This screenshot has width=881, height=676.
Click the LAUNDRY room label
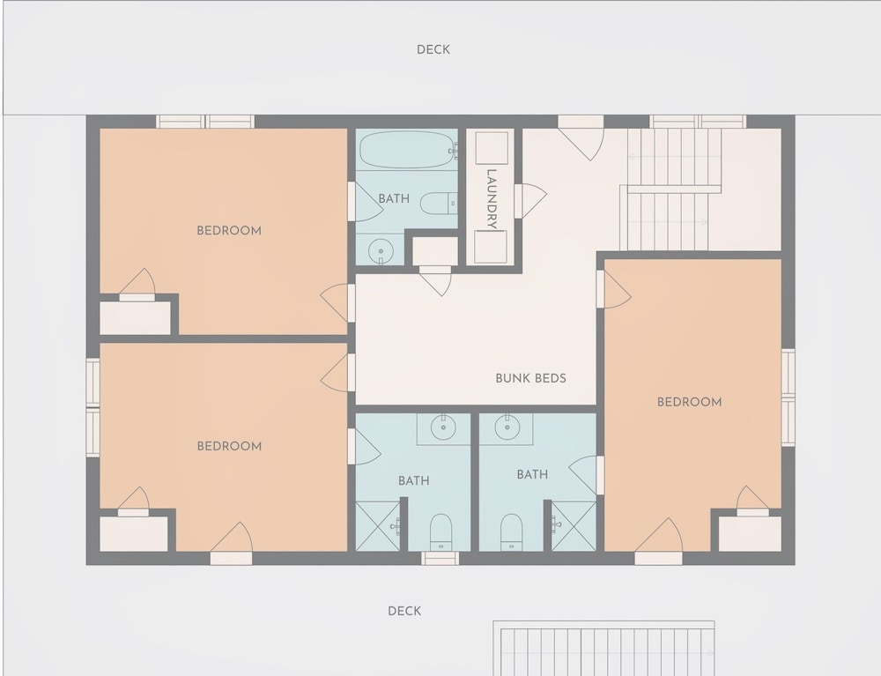pyautogui.click(x=492, y=199)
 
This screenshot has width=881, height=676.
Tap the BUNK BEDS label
pyautogui.click(x=530, y=378)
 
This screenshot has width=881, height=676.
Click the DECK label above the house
pyautogui.click(x=433, y=50)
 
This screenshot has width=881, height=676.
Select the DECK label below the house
pyautogui.click(x=404, y=611)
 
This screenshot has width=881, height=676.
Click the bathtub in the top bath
pyautogui.click(x=408, y=150)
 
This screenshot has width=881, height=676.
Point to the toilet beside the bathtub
pyautogui.click(x=438, y=203)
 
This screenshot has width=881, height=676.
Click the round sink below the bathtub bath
pyautogui.click(x=381, y=250)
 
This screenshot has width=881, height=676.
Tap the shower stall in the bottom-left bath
pyautogui.click(x=378, y=526)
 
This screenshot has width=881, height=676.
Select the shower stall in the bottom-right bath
pyautogui.click(x=574, y=526)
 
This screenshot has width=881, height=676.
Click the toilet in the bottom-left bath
pyautogui.click(x=441, y=531)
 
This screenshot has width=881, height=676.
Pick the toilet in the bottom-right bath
pyautogui.click(x=511, y=531)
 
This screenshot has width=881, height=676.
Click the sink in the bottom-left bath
pyautogui.click(x=443, y=427)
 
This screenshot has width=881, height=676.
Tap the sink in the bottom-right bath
pyautogui.click(x=507, y=427)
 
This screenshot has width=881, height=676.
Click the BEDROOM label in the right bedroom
pyautogui.click(x=690, y=402)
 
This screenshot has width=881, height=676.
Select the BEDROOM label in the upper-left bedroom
pyautogui.click(x=229, y=230)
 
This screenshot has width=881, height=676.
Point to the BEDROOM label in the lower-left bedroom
pyautogui.click(x=229, y=446)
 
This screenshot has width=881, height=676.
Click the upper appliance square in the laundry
pyautogui.click(x=492, y=148)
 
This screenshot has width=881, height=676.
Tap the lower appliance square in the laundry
pyautogui.click(x=491, y=247)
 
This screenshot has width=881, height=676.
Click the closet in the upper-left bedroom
pyautogui.click(x=135, y=318)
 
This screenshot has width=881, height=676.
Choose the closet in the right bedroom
pyautogui.click(x=750, y=534)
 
